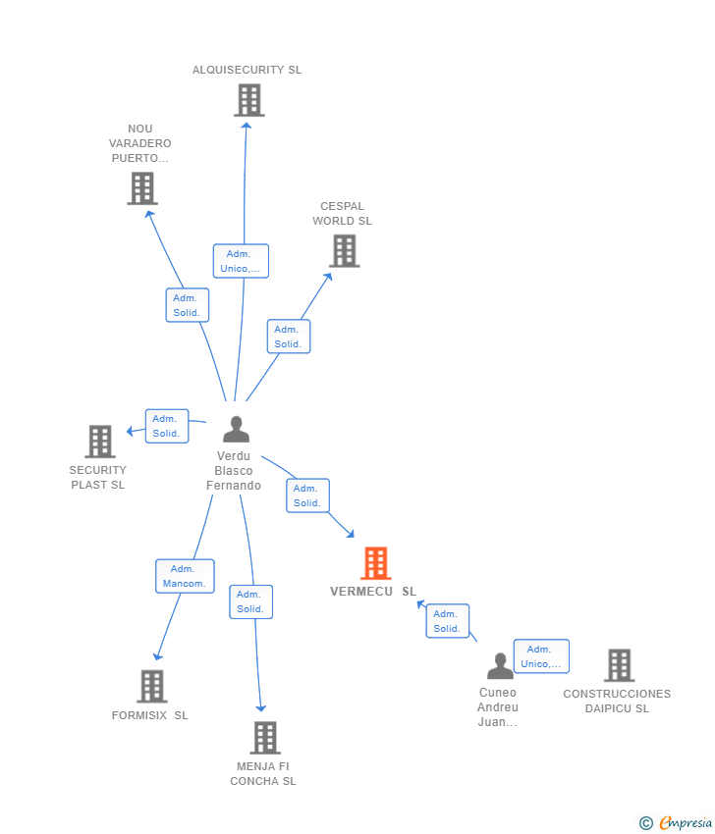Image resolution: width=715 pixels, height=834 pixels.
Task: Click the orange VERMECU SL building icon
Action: [x=376, y=563]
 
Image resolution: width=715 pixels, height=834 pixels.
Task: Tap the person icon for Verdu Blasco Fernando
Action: [x=236, y=430]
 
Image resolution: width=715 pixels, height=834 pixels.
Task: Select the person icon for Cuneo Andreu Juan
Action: [x=500, y=666]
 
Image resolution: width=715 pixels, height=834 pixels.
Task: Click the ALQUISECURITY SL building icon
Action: [x=249, y=100]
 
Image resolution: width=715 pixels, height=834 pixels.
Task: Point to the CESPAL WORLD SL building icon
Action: [x=344, y=251]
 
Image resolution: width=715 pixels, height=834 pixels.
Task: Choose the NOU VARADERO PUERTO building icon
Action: [x=142, y=188]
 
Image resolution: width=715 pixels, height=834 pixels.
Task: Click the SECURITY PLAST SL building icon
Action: [x=100, y=442]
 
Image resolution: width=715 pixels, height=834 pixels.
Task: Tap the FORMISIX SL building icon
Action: [x=151, y=687]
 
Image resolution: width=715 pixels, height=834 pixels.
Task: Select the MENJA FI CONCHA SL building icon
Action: [x=264, y=738]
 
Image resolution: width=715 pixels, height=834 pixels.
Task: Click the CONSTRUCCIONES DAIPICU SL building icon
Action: [x=619, y=665]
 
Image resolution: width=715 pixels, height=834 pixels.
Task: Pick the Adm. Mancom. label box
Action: [x=185, y=576]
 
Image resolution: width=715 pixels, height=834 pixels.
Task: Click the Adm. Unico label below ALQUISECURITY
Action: [x=241, y=261]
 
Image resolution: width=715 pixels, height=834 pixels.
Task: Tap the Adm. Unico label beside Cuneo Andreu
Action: [x=541, y=656]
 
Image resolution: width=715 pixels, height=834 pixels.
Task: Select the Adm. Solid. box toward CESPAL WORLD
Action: [x=288, y=337]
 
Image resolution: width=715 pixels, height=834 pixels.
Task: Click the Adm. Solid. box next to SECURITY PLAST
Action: [x=166, y=426]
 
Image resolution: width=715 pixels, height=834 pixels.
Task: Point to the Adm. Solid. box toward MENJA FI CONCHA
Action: [x=250, y=601]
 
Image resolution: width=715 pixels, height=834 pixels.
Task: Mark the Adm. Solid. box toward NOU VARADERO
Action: [x=186, y=305]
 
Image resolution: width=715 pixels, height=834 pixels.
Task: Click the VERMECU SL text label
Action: [x=372, y=592]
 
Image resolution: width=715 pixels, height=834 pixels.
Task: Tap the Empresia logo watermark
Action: [x=677, y=823]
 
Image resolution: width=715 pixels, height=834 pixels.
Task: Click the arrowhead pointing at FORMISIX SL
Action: [x=157, y=656]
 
